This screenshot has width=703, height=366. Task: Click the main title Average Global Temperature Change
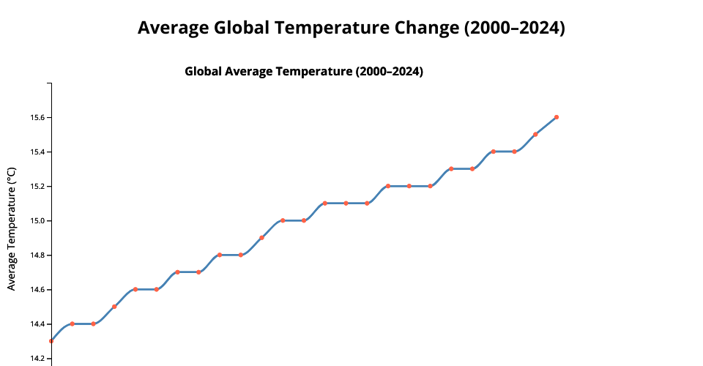coord(351,28)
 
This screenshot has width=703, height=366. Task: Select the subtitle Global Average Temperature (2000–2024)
coord(304,72)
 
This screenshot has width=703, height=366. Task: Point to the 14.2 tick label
coord(37,359)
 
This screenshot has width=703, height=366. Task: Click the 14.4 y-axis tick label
coord(37,324)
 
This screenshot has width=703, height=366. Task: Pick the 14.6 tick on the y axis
coord(37,290)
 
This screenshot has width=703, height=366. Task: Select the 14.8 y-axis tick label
coord(37,255)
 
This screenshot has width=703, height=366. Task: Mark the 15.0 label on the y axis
coord(37,221)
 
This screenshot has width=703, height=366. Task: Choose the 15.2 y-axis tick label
coord(37,187)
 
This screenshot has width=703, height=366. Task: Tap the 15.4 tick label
coord(37,152)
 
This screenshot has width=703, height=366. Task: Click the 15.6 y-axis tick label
coord(37,118)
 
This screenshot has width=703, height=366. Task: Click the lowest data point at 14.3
coord(51,341)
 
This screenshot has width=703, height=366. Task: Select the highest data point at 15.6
coord(557,117)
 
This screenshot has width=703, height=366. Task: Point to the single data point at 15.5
coord(535,134)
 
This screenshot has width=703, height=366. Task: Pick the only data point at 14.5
coord(114,307)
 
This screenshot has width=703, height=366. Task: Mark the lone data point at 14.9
coord(261,238)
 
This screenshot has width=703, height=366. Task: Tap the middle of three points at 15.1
coord(346,203)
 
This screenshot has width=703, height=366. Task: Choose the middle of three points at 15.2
coord(409,186)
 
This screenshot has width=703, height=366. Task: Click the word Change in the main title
coord(426,28)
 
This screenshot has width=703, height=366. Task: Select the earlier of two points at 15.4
coord(494,152)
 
